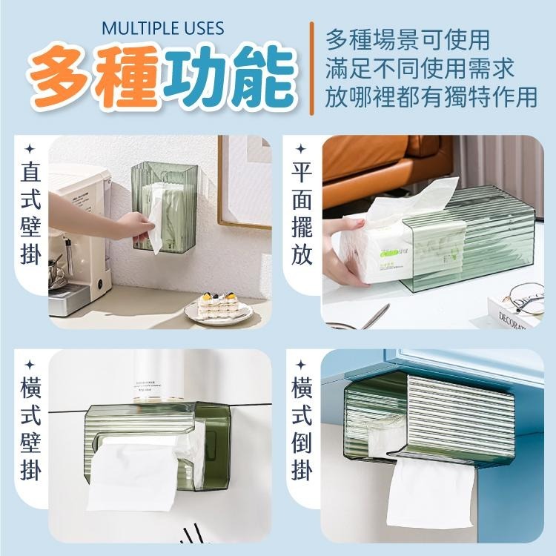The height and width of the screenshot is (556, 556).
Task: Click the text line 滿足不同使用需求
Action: (x=419, y=68)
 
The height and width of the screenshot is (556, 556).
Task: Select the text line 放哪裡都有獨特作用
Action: (x=431, y=96)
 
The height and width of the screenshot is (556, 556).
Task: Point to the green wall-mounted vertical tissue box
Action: (x=160, y=206)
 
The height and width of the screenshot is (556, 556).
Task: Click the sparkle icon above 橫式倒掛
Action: (x=301, y=365)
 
